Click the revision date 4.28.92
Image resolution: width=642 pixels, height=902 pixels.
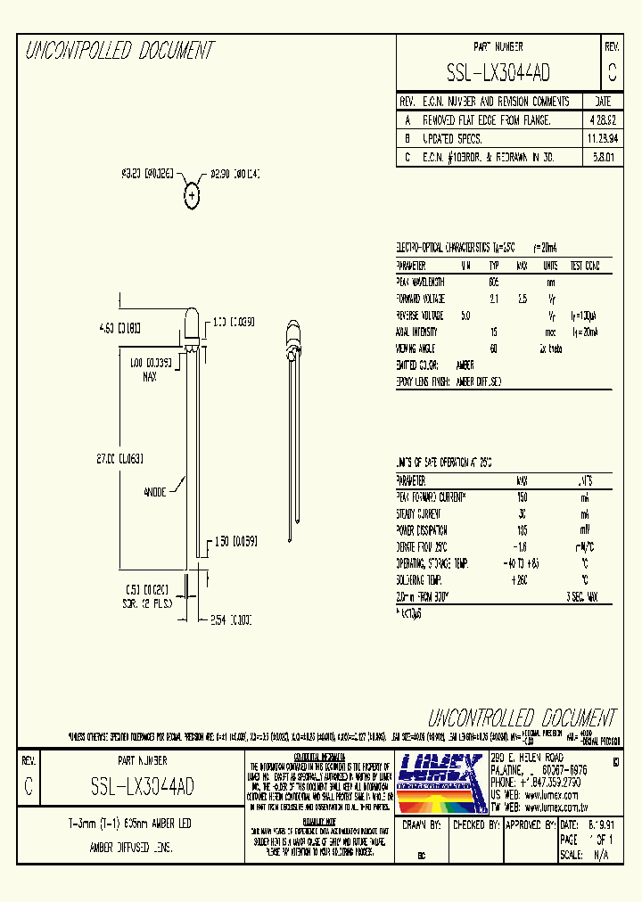pos(602,119)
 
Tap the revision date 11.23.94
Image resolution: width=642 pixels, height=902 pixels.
pos(602,139)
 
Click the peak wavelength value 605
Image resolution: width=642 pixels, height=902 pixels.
pos(493,282)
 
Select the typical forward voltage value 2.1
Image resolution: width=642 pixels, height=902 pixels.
pos(493,299)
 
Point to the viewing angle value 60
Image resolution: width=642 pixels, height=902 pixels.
pos(493,348)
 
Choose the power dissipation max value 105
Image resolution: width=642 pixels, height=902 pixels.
pos(523,529)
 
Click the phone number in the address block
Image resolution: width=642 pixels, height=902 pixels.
pos(551,780)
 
